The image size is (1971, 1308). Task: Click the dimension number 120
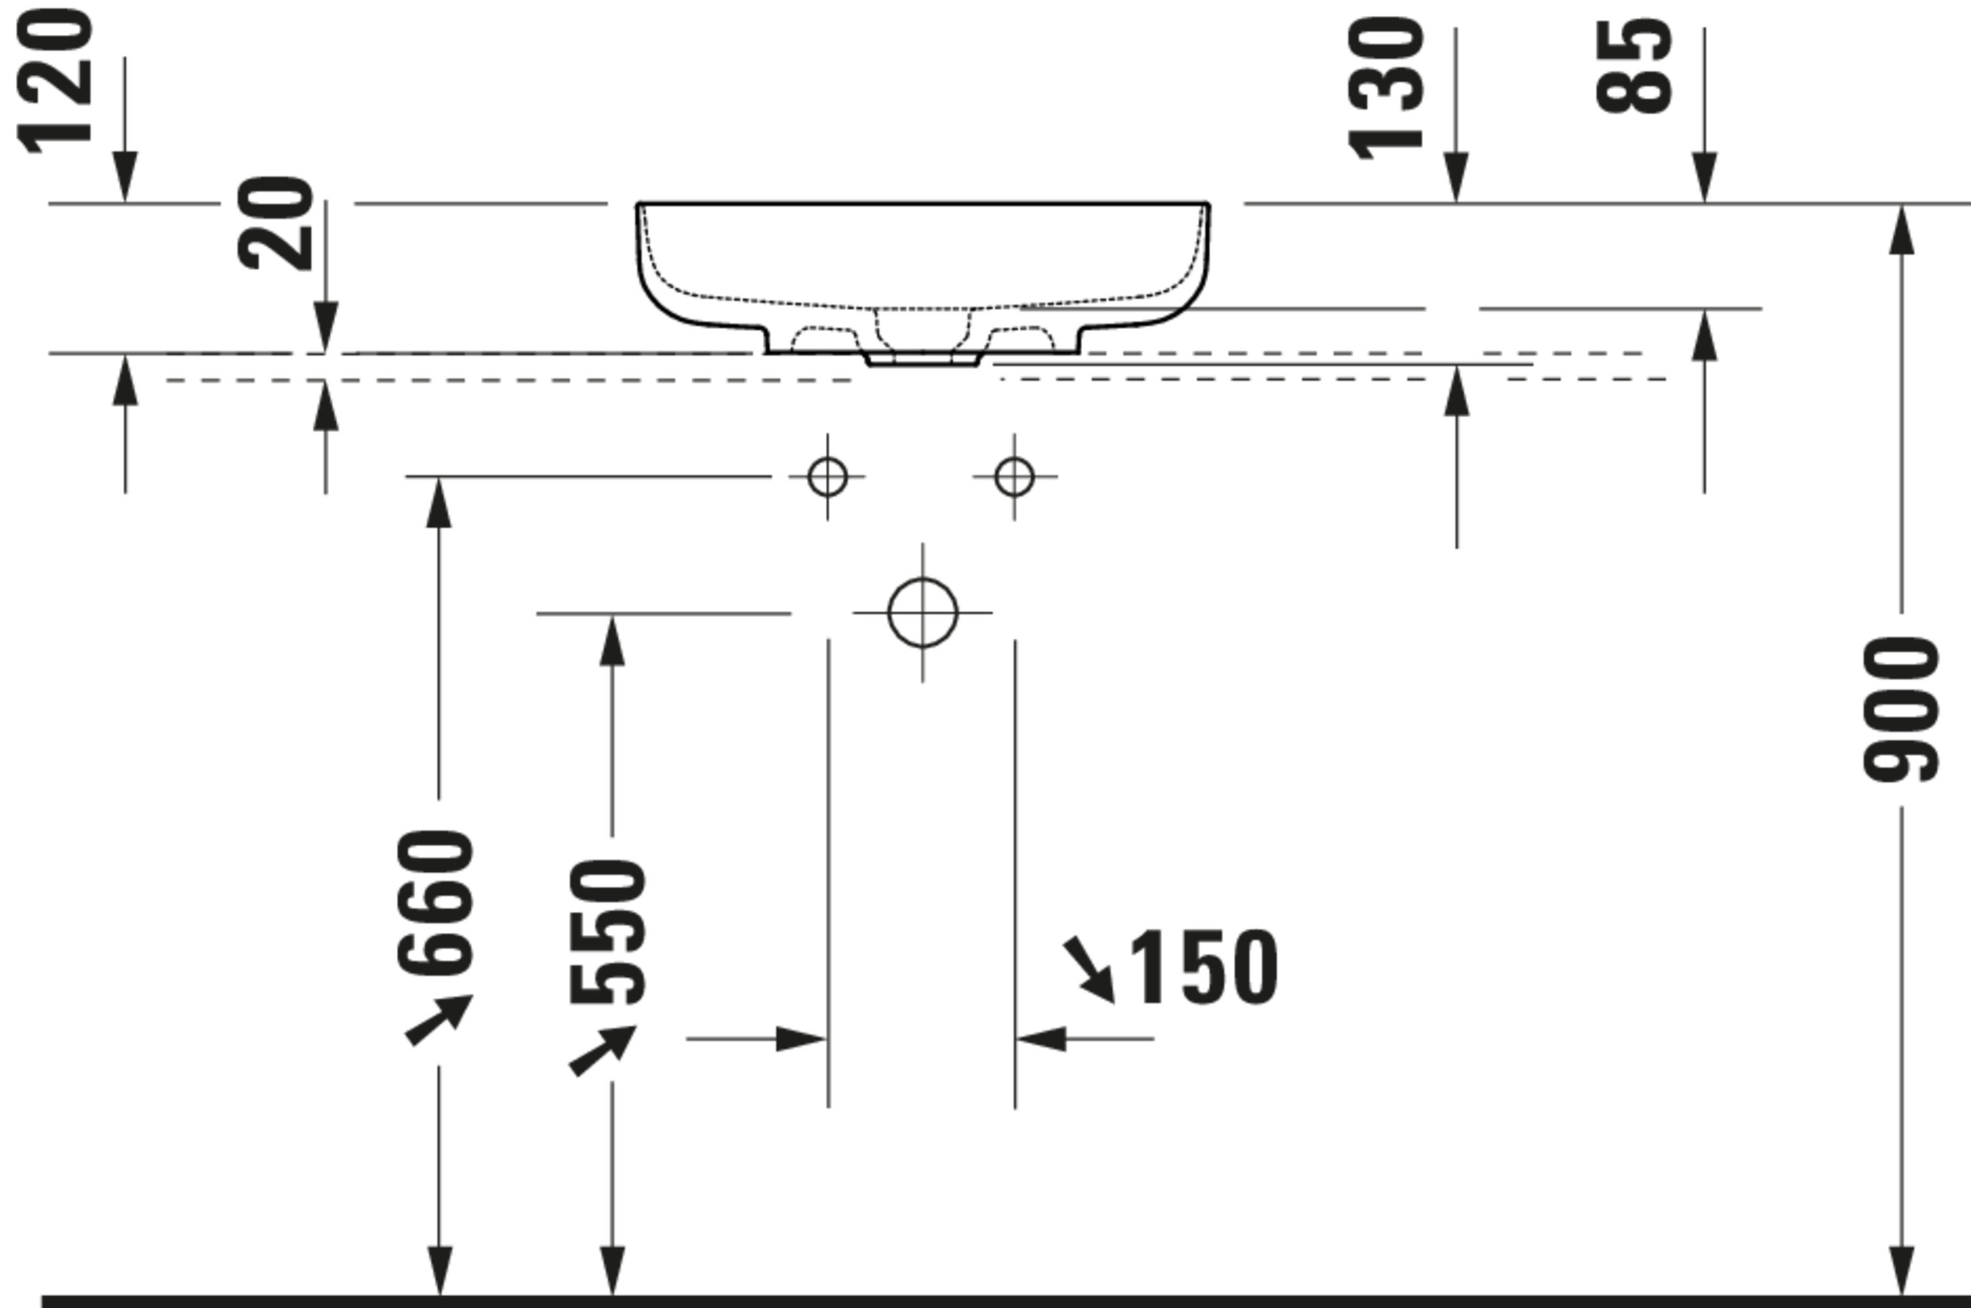[x=55, y=81]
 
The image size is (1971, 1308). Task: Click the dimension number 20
[x=275, y=223]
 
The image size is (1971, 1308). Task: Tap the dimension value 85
[x=1633, y=67]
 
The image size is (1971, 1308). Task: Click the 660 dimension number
[x=436, y=903]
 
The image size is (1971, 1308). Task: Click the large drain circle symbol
[x=922, y=612]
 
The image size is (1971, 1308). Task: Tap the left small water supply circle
[x=827, y=477]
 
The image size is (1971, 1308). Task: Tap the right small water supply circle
[x=1014, y=477]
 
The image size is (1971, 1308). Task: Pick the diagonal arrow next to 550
[x=602, y=1050]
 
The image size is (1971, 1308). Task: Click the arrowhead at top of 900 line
[x=1901, y=229]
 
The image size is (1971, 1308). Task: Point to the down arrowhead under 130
[x=1457, y=177]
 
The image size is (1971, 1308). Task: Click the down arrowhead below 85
[x=1704, y=177]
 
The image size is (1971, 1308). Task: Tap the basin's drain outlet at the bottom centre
[x=922, y=359]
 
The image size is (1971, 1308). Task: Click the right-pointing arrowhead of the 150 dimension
[x=801, y=1039]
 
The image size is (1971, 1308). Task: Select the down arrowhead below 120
[x=125, y=177]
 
